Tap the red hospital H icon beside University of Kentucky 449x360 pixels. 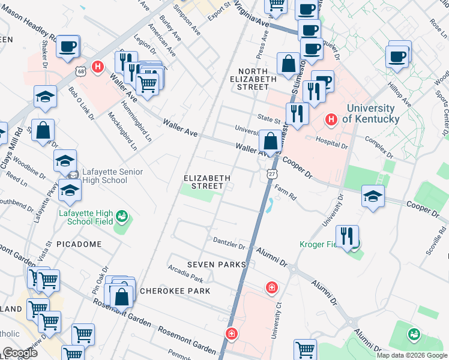point(330,120)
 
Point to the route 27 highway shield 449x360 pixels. point(271,173)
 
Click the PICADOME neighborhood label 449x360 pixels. point(79,244)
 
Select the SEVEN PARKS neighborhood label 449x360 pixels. point(216,265)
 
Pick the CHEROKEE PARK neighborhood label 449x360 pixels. point(175,291)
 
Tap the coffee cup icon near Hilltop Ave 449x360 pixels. point(398,57)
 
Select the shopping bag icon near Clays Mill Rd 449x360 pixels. point(43,130)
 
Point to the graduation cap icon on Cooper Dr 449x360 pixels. point(373,196)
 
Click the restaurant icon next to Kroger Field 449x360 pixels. point(347,236)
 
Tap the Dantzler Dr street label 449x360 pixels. point(229,242)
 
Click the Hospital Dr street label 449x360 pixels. point(332,142)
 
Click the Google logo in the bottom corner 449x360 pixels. point(20,352)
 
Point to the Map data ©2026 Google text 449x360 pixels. point(411,355)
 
